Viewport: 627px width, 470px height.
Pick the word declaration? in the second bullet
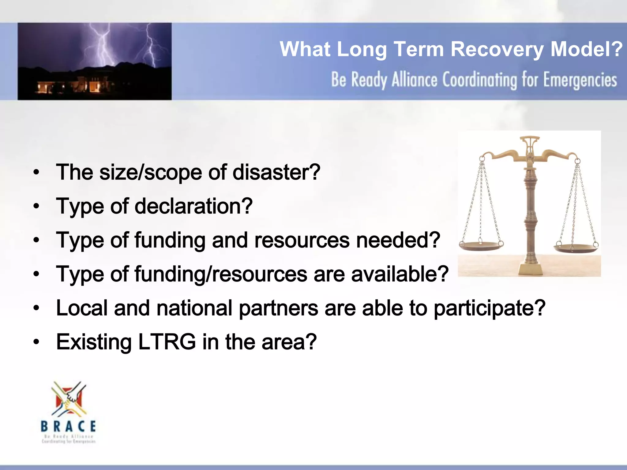point(193,206)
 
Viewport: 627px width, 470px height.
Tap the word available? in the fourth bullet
point(400,274)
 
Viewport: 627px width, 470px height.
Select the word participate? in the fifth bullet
point(490,308)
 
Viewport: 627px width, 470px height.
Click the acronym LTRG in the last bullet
point(167,342)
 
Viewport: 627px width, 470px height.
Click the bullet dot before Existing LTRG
point(36,342)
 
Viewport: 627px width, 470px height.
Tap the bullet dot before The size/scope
point(36,173)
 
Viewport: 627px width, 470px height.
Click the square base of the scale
point(530,269)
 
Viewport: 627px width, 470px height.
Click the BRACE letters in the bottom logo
point(68,426)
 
